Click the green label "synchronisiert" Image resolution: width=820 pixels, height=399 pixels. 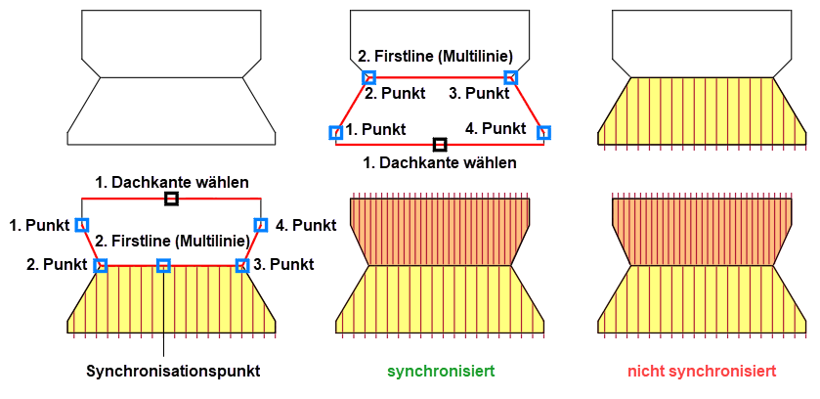pyautogui.click(x=440, y=372)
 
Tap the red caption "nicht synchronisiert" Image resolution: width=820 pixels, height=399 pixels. pyautogui.click(x=702, y=372)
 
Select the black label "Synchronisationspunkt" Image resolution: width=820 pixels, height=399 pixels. pyautogui.click(x=173, y=372)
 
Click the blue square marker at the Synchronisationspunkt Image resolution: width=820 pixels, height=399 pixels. pyautogui.click(x=163, y=265)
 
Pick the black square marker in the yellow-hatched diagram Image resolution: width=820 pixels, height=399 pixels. pyautogui.click(x=171, y=199)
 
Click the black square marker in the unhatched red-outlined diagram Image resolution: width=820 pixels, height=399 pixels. pyautogui.click(x=440, y=145)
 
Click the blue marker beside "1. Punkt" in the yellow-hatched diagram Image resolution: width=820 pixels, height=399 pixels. pyautogui.click(x=81, y=225)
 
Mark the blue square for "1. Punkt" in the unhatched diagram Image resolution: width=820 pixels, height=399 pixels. pyautogui.click(x=335, y=132)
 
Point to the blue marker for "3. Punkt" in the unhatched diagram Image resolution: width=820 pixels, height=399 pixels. pyautogui.click(x=510, y=77)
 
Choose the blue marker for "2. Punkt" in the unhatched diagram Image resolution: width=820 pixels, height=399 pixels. pyautogui.click(x=368, y=77)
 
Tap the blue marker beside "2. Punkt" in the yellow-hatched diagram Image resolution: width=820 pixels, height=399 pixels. pyautogui.click(x=101, y=265)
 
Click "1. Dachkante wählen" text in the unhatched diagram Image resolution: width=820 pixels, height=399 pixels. pyautogui.click(x=440, y=162)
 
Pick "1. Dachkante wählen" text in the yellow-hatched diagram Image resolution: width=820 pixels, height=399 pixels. pyautogui.click(x=172, y=182)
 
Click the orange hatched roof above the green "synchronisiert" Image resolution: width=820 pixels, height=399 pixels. pyautogui.click(x=440, y=231)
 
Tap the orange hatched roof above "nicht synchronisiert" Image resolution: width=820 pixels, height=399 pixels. pyautogui.click(x=701, y=231)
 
